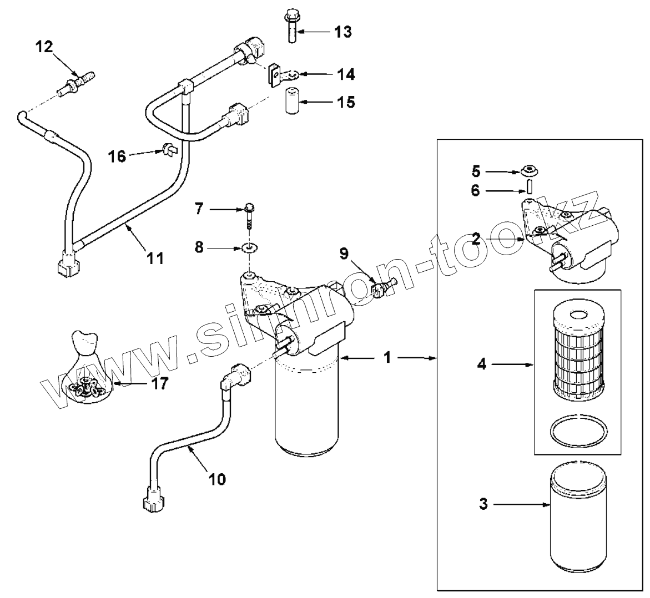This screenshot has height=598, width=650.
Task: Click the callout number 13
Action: [343, 32]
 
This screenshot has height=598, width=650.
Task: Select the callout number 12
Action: [44, 47]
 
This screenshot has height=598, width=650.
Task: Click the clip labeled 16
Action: [168, 149]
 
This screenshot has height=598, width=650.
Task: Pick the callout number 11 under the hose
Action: [155, 257]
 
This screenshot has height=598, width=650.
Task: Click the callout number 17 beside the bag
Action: [159, 383]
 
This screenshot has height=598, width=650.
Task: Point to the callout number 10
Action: [218, 478]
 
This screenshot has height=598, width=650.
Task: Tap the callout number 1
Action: [387, 358]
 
